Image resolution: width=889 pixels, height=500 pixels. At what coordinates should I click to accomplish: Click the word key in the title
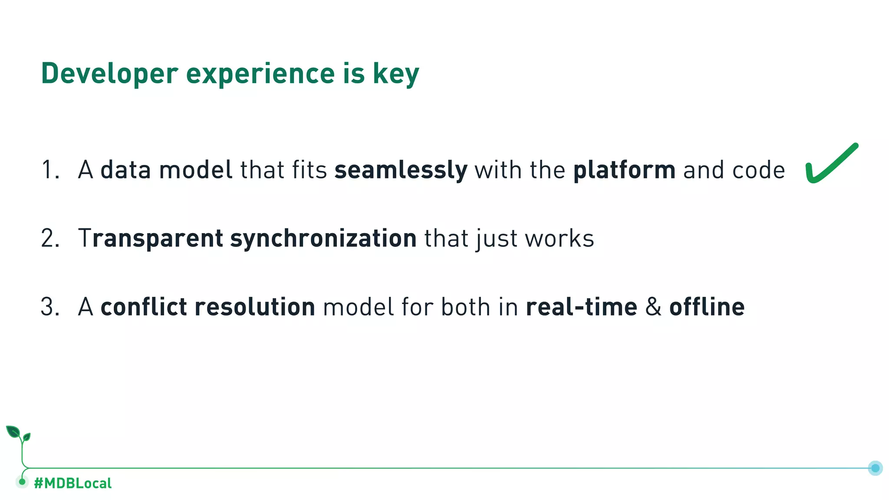(395, 74)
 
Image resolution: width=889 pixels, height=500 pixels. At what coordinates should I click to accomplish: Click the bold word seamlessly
(401, 170)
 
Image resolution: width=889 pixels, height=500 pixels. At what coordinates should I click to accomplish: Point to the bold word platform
(624, 170)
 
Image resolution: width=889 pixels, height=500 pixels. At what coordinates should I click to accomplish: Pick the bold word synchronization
(323, 239)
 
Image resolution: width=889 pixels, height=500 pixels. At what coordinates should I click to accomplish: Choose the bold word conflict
(144, 307)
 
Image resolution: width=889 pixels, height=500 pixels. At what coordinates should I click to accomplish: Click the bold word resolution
(255, 307)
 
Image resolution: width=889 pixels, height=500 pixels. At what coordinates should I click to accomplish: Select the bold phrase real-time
(581, 307)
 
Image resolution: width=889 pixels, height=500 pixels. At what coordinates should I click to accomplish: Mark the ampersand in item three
(653, 307)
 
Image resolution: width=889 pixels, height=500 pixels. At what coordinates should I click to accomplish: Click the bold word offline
(707, 307)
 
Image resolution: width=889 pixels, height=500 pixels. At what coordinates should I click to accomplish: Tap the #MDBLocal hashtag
(72, 483)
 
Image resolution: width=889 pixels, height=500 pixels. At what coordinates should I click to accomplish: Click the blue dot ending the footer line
(875, 468)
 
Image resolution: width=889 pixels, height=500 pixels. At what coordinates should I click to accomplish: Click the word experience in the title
(260, 74)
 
